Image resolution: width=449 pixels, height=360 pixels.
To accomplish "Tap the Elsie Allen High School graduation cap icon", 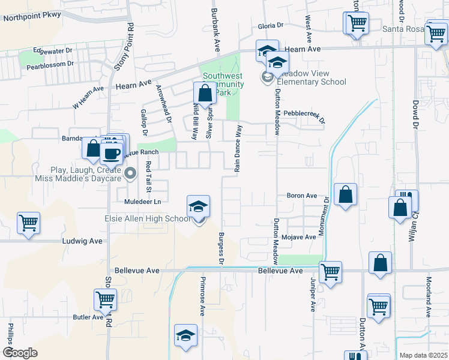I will coord(198,207).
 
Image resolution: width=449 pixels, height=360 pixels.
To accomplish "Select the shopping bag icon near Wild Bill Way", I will coord(205,93).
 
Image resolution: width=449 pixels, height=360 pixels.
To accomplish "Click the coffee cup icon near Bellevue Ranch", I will coord(111,153).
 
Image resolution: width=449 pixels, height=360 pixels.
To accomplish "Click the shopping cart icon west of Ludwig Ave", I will coord(28,223).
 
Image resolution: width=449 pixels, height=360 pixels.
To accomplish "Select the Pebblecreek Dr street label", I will coord(304,113).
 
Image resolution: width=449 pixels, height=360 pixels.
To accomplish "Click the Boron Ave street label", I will coord(301,196).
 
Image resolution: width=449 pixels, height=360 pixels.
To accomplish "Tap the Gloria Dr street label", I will coord(270,25).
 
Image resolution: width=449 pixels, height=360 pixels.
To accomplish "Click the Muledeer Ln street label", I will coord(143,202).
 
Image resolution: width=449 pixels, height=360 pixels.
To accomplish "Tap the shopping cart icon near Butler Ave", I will coord(105,299).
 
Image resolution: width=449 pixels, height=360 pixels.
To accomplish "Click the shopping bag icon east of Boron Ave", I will coord(346,194).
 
